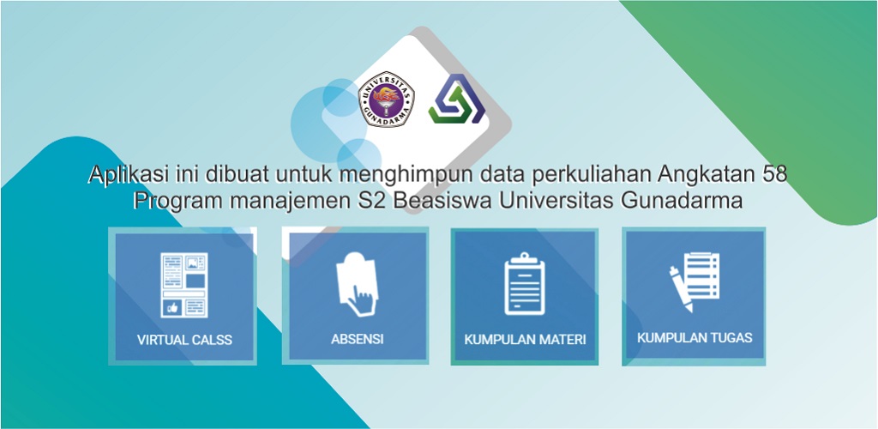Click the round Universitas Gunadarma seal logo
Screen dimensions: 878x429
(x=387, y=100)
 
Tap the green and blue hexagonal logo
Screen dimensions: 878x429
(x=457, y=100)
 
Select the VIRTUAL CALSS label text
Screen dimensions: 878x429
(x=184, y=340)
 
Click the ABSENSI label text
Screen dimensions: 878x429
(x=358, y=339)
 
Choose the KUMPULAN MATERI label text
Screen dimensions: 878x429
(x=526, y=340)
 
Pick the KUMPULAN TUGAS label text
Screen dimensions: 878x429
(x=695, y=338)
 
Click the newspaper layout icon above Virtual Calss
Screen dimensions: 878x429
(x=184, y=285)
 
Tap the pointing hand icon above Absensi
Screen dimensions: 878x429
(x=357, y=285)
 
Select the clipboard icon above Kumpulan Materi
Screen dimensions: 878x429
(x=525, y=283)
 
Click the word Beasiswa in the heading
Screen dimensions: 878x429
(x=442, y=201)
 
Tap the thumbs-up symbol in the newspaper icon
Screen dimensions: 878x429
(x=172, y=307)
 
